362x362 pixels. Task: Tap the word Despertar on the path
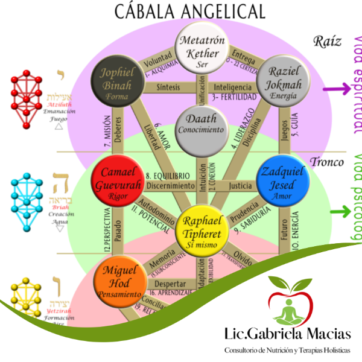[165, 283]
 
